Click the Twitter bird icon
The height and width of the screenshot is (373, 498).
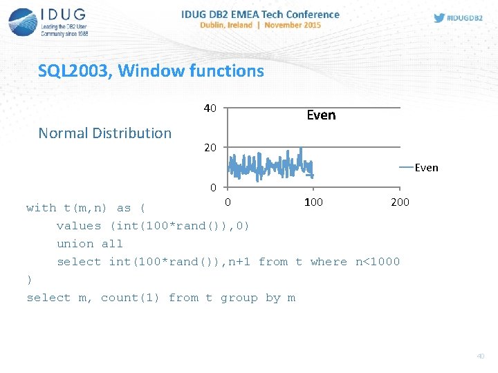click(x=439, y=18)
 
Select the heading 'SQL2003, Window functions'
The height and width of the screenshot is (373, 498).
click(x=151, y=70)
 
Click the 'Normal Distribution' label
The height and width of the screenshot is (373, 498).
click(x=104, y=133)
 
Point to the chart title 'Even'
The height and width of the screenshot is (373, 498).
click(x=321, y=115)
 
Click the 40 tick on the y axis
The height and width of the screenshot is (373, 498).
click(x=210, y=108)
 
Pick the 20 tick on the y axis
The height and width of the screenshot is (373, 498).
click(x=210, y=148)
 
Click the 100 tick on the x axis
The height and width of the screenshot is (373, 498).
click(x=313, y=202)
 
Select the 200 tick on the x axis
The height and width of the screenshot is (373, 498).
click(x=400, y=202)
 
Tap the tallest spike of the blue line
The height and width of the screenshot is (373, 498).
click(x=301, y=149)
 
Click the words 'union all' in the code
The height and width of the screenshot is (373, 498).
click(x=90, y=244)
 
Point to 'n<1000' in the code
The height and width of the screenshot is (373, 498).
click(x=378, y=262)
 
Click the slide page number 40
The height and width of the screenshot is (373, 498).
click(x=481, y=356)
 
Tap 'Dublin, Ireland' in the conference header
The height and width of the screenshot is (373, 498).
click(x=225, y=25)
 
